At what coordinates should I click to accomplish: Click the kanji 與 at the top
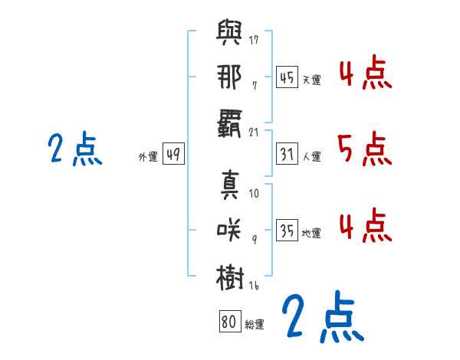(x=229, y=32)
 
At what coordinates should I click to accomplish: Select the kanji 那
(x=229, y=77)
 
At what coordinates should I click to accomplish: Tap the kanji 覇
(x=229, y=123)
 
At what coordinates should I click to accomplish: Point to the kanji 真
(x=230, y=185)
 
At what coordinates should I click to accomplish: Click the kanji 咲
(x=228, y=230)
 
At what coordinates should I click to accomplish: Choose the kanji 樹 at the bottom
(x=230, y=277)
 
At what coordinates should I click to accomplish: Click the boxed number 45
(x=287, y=77)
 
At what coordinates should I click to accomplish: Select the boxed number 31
(x=287, y=154)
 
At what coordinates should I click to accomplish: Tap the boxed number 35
(x=287, y=230)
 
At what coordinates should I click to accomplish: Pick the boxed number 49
(x=173, y=154)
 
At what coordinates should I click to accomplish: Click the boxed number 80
(x=230, y=321)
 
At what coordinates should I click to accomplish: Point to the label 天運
(x=312, y=80)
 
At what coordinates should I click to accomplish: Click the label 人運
(x=312, y=156)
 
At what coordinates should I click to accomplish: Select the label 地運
(x=311, y=233)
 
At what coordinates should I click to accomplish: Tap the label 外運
(x=148, y=156)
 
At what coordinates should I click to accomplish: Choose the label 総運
(x=255, y=324)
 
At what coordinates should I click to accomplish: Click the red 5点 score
(x=365, y=149)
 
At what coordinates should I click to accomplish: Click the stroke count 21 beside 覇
(x=254, y=133)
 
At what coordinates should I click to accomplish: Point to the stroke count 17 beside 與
(x=254, y=40)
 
